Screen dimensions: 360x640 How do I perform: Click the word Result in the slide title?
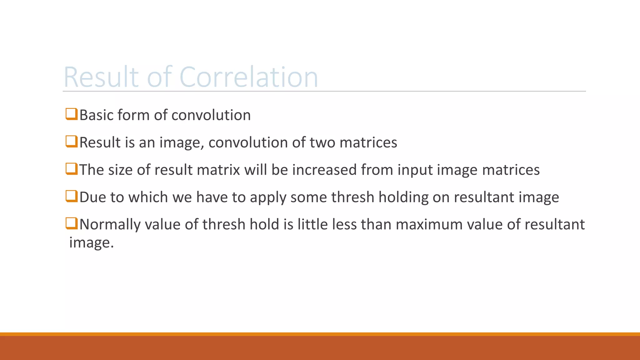coord(101,77)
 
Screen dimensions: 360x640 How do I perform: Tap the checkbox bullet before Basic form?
coord(71,114)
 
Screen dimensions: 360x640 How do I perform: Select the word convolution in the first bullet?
coord(211,115)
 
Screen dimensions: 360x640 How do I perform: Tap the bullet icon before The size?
coord(71,169)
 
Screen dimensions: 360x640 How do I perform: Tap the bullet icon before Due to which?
coord(71,196)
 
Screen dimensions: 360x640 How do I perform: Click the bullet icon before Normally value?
coord(71,223)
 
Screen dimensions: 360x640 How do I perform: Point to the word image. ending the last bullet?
coord(91,243)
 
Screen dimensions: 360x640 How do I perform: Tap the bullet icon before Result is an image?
coord(71,141)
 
